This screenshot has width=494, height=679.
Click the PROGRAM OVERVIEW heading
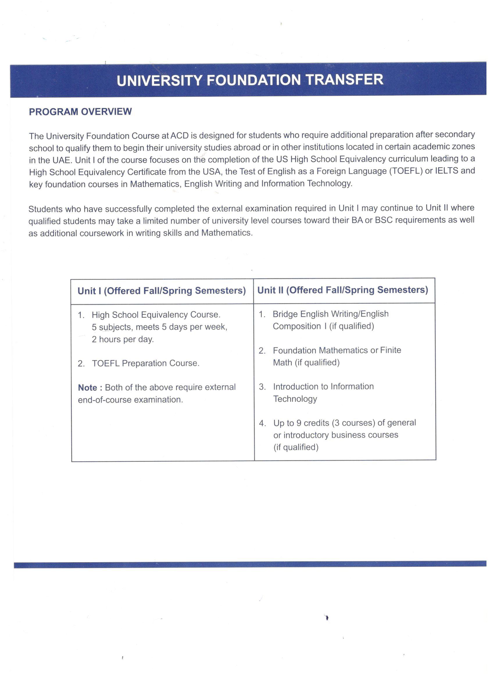[80, 112]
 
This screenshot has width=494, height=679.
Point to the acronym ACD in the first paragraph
[180, 136]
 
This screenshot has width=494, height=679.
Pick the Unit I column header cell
[162, 291]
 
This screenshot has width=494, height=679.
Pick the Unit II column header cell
[343, 290]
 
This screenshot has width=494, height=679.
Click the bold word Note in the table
[87, 388]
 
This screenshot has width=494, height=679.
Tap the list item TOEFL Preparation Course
[146, 363]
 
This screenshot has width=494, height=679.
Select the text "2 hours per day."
[123, 339]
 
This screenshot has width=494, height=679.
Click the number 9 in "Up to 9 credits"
[299, 423]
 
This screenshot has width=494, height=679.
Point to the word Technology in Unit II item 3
[295, 399]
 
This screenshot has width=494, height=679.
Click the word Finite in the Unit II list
[390, 350]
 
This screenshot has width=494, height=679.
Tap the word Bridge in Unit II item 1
[285, 314]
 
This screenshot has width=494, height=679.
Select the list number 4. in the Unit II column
[262, 423]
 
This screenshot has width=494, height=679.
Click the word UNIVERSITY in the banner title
[159, 80]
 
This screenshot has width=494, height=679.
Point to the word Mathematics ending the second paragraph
[226, 233]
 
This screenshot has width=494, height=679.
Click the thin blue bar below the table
[250, 564]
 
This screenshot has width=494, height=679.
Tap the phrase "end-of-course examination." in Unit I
[130, 400]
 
